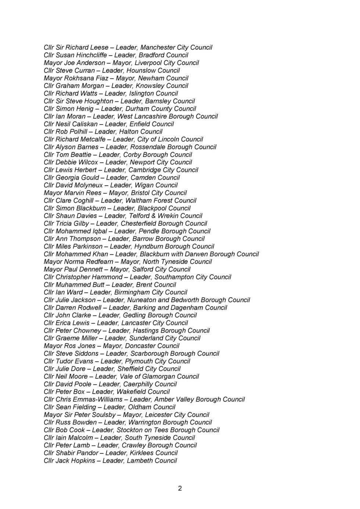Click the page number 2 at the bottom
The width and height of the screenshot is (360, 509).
tap(180, 488)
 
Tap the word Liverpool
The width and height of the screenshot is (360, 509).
tap(148, 63)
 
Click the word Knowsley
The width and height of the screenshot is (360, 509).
tap(150, 86)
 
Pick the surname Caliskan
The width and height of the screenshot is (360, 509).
tap(85, 124)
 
